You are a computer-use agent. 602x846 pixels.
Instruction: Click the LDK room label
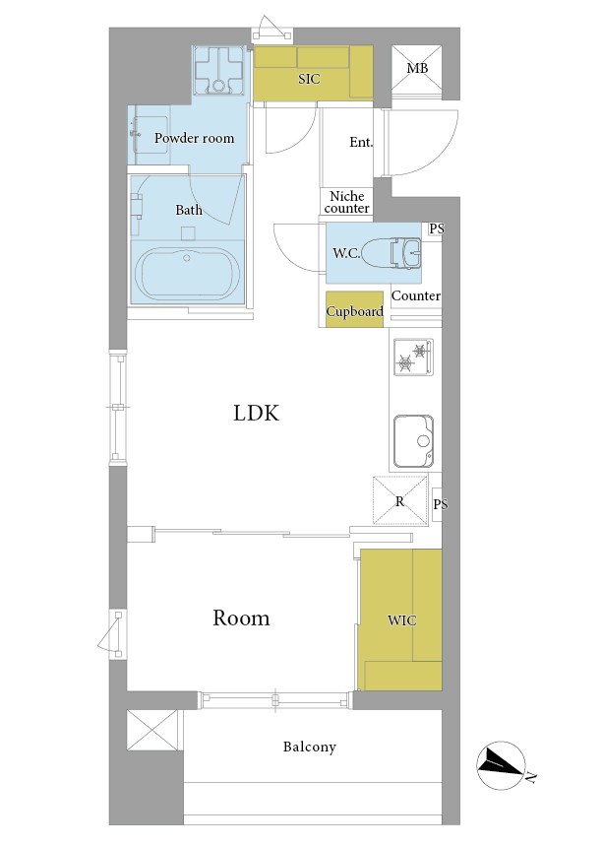click(x=256, y=414)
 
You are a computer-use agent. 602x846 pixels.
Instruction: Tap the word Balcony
click(x=309, y=748)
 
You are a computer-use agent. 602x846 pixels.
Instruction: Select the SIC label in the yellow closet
click(x=309, y=79)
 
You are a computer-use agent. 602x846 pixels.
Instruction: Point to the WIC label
click(x=402, y=620)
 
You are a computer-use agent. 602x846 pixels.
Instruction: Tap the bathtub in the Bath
click(x=187, y=274)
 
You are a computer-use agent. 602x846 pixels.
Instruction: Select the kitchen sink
click(x=413, y=441)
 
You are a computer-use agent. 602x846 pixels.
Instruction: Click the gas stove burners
click(x=413, y=357)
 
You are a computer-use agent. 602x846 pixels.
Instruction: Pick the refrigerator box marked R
click(x=400, y=500)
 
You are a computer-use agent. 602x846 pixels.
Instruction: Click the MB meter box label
click(x=417, y=69)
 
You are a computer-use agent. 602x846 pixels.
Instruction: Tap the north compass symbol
click(x=502, y=764)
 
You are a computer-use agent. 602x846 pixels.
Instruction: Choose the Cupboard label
click(x=355, y=311)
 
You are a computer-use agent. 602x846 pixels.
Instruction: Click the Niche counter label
click(x=347, y=202)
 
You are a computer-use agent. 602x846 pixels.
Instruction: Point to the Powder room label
click(x=194, y=138)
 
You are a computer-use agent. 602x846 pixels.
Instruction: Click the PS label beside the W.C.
click(x=437, y=228)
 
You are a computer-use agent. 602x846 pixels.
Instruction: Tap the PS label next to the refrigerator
click(x=441, y=504)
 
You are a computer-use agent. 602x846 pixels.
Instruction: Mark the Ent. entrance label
click(x=361, y=143)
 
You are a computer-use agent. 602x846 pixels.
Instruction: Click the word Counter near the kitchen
click(x=415, y=295)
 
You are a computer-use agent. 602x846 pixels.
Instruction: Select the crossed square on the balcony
click(x=152, y=730)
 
